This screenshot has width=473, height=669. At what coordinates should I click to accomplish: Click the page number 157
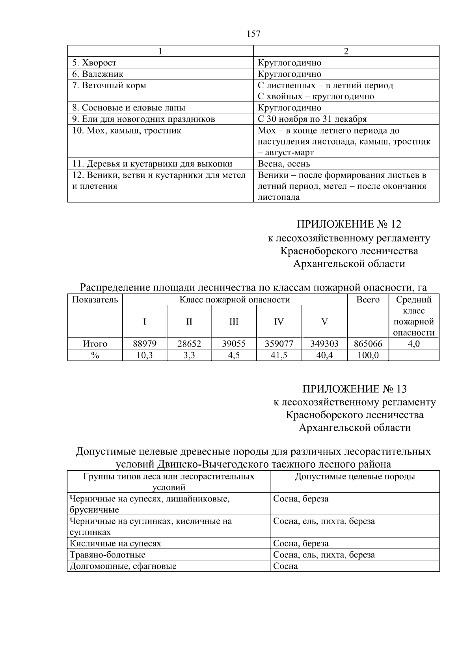[253, 34]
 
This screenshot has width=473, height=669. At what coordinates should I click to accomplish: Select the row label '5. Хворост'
[95, 63]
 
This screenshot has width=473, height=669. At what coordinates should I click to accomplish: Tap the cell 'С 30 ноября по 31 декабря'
[312, 119]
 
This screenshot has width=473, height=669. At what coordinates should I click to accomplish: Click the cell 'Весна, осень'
[284, 164]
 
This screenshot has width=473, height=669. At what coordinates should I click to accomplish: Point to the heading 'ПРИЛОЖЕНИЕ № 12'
[349, 224]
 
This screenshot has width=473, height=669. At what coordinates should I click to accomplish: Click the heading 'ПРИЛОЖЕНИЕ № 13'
[354, 389]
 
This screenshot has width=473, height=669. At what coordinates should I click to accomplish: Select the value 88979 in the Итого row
[145, 344]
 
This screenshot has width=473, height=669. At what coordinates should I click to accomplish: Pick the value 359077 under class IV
[279, 344]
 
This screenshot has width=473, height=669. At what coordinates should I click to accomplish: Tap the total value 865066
[368, 344]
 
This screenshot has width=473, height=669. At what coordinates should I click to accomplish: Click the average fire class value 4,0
[413, 344]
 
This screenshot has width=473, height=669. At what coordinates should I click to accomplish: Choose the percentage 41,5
[279, 355]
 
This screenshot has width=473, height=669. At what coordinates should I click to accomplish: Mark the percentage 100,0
[368, 355]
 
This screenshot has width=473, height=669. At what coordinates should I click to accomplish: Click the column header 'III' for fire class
[234, 322]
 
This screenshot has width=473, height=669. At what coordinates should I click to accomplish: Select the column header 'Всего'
[368, 300]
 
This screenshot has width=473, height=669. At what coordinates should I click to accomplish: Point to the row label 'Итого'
[95, 344]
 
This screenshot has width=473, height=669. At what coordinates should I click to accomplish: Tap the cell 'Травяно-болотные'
[108, 555]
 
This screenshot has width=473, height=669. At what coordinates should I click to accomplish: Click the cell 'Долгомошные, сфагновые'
[123, 567]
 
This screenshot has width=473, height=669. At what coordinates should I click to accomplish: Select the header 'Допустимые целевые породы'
[355, 477]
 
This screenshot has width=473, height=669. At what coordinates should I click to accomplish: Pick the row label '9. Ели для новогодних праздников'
[143, 119]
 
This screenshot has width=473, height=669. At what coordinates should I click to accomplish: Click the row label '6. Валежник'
[98, 74]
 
